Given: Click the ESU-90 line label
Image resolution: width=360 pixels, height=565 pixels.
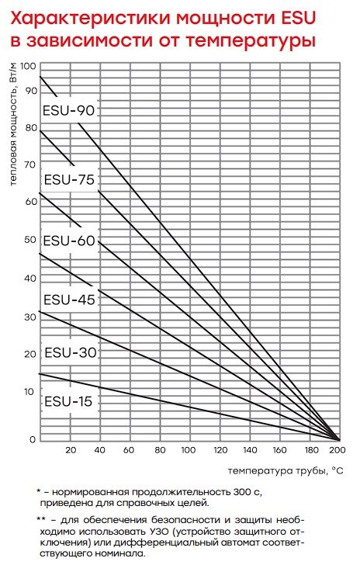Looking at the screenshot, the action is [x=68, y=110].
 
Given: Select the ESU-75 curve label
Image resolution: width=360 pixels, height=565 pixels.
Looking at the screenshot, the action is [x=69, y=179].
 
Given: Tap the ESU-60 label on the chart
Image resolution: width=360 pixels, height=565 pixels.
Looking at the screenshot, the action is [x=69, y=241].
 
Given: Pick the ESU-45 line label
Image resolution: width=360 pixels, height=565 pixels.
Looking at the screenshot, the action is [x=69, y=300].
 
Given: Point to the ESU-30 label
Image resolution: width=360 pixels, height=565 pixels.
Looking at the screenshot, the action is [x=71, y=352].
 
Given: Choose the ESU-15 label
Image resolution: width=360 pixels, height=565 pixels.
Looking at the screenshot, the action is [x=68, y=401].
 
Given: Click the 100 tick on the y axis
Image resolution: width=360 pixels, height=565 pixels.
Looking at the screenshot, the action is [x=28, y=66].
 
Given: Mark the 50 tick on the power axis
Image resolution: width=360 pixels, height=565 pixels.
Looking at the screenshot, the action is [x=30, y=240].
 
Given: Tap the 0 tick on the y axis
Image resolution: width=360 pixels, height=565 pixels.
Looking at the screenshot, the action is [x=33, y=439].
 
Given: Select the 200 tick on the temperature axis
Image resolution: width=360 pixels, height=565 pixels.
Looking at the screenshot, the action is [x=337, y=450].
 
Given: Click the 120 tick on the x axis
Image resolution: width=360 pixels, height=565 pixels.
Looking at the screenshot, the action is [x=220, y=450].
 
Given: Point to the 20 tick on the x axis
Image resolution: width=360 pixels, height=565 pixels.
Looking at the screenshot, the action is [x=71, y=450].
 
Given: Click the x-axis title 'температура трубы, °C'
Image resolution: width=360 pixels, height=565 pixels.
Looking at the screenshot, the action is [x=286, y=470].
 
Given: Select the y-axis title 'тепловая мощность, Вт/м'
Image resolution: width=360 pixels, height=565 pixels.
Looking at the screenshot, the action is [x=13, y=124].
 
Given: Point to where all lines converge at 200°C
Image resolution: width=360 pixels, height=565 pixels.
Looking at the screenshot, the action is [x=339, y=440].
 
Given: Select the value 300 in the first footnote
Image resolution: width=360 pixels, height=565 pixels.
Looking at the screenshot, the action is [x=242, y=492].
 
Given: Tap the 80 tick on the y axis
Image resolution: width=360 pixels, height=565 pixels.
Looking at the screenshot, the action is [x=31, y=128].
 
